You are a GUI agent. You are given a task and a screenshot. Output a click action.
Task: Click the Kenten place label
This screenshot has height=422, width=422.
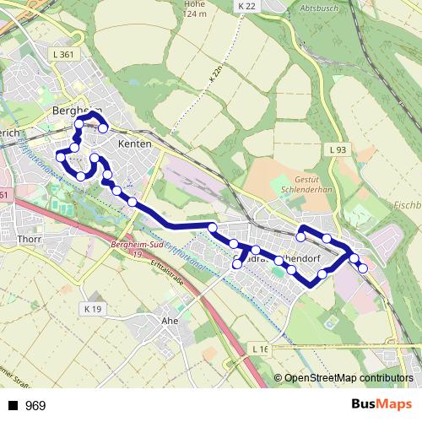click(135, 144)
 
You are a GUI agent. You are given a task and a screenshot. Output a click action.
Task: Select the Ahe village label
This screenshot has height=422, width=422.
click(169, 320)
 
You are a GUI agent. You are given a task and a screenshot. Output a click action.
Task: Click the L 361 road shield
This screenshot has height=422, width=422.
click(62, 55)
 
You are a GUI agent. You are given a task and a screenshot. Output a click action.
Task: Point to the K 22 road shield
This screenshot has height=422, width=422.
click(246, 6)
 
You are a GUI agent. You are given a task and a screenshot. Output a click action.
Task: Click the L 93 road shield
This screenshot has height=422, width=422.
click(338, 149)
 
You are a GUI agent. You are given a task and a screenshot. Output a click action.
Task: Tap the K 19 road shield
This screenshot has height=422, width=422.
click(93, 310)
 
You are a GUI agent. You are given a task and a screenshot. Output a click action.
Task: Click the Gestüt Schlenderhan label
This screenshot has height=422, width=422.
click(308, 185)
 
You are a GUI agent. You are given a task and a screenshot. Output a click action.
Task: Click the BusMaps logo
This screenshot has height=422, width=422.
click(382, 405)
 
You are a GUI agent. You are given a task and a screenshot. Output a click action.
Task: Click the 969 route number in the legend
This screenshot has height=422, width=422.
click(35, 406)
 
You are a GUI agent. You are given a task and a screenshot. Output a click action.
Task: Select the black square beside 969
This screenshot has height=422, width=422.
click(13, 406)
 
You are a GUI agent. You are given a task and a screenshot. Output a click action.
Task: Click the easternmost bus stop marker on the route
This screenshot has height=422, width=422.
click(363, 268)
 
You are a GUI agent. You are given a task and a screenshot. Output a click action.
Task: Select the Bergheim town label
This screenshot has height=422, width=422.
click(76, 111)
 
